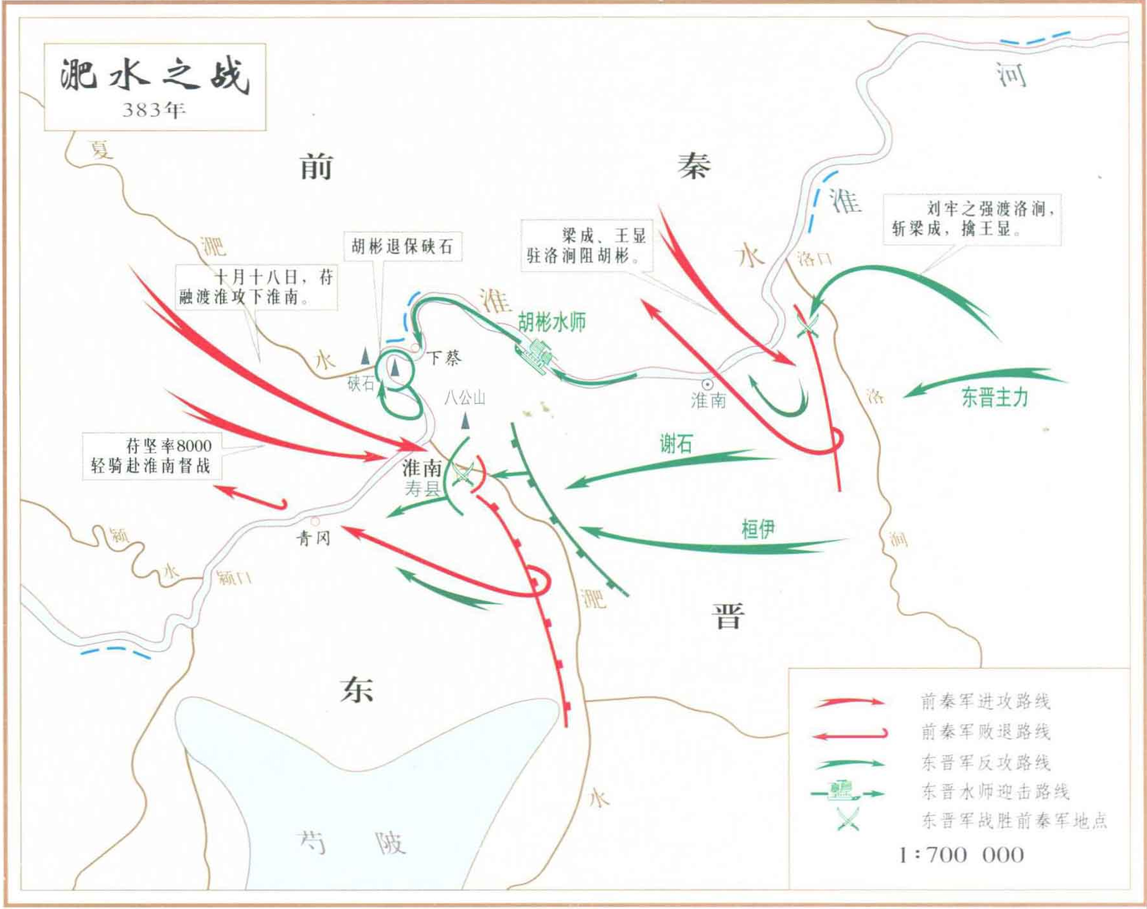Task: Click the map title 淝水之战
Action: (x=154, y=76)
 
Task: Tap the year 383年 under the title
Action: (x=154, y=110)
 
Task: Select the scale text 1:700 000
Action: (x=961, y=854)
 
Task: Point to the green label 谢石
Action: (x=676, y=444)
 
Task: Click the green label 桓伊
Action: (x=757, y=529)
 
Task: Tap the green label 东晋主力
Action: (x=994, y=397)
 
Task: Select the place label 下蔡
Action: (x=444, y=358)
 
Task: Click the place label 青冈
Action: (x=313, y=538)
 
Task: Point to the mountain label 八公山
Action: (x=465, y=397)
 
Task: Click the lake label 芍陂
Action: (x=352, y=842)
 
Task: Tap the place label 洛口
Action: (x=814, y=259)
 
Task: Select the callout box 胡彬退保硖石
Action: (x=402, y=247)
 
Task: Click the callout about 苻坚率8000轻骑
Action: (x=151, y=455)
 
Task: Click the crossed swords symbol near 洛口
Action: (x=806, y=325)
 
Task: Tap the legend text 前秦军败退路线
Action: (x=985, y=732)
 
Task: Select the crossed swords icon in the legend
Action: (x=847, y=820)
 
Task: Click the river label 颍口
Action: (x=235, y=577)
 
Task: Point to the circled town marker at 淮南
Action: (x=708, y=385)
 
